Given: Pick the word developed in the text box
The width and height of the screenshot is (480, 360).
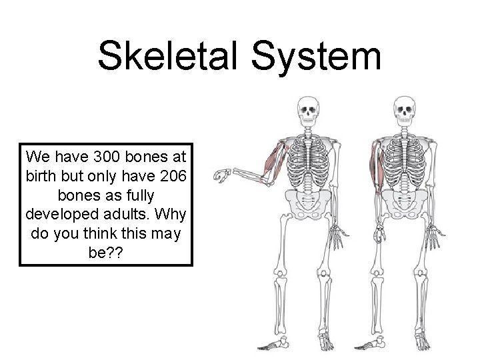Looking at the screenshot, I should [65, 218].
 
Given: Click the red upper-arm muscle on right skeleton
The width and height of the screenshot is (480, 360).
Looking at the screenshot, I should [378, 170].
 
